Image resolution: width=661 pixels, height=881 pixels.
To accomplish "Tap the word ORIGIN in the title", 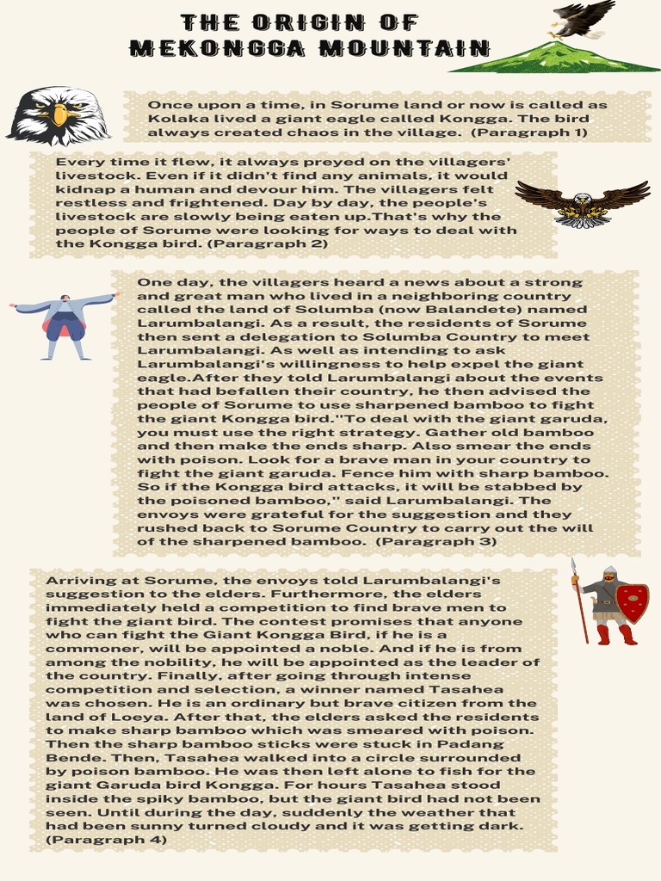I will coord(300,22).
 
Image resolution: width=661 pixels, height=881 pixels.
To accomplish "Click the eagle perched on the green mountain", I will coord(581,19).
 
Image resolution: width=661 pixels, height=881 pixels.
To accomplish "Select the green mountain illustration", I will coord(555,58).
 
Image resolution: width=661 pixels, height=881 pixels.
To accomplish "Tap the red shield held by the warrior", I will coord(633,602).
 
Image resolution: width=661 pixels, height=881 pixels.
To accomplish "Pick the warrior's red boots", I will coord(615,635).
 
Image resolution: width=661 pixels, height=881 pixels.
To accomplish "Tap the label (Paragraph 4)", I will coord(106,839).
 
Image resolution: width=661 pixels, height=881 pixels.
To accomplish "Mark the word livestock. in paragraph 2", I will coord(93,176).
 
